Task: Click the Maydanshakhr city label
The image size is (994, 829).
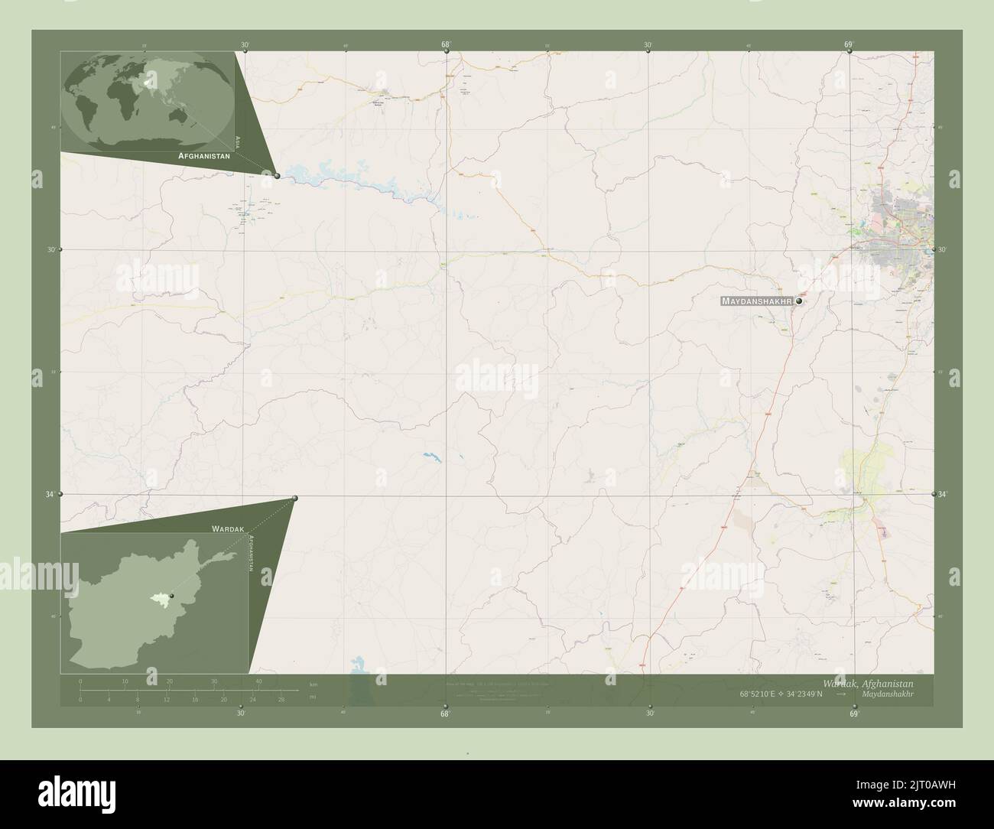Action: (x=755, y=302)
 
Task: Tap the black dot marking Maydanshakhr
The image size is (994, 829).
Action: (x=799, y=302)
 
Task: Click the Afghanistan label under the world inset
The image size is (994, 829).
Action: (x=204, y=155)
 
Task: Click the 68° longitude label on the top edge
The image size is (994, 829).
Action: (x=446, y=44)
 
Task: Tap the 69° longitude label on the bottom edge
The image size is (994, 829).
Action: (x=853, y=714)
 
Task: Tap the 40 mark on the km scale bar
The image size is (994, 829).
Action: (x=259, y=681)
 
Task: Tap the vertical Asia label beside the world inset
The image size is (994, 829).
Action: (x=239, y=141)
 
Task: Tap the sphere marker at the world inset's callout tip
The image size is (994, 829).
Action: (x=277, y=176)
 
